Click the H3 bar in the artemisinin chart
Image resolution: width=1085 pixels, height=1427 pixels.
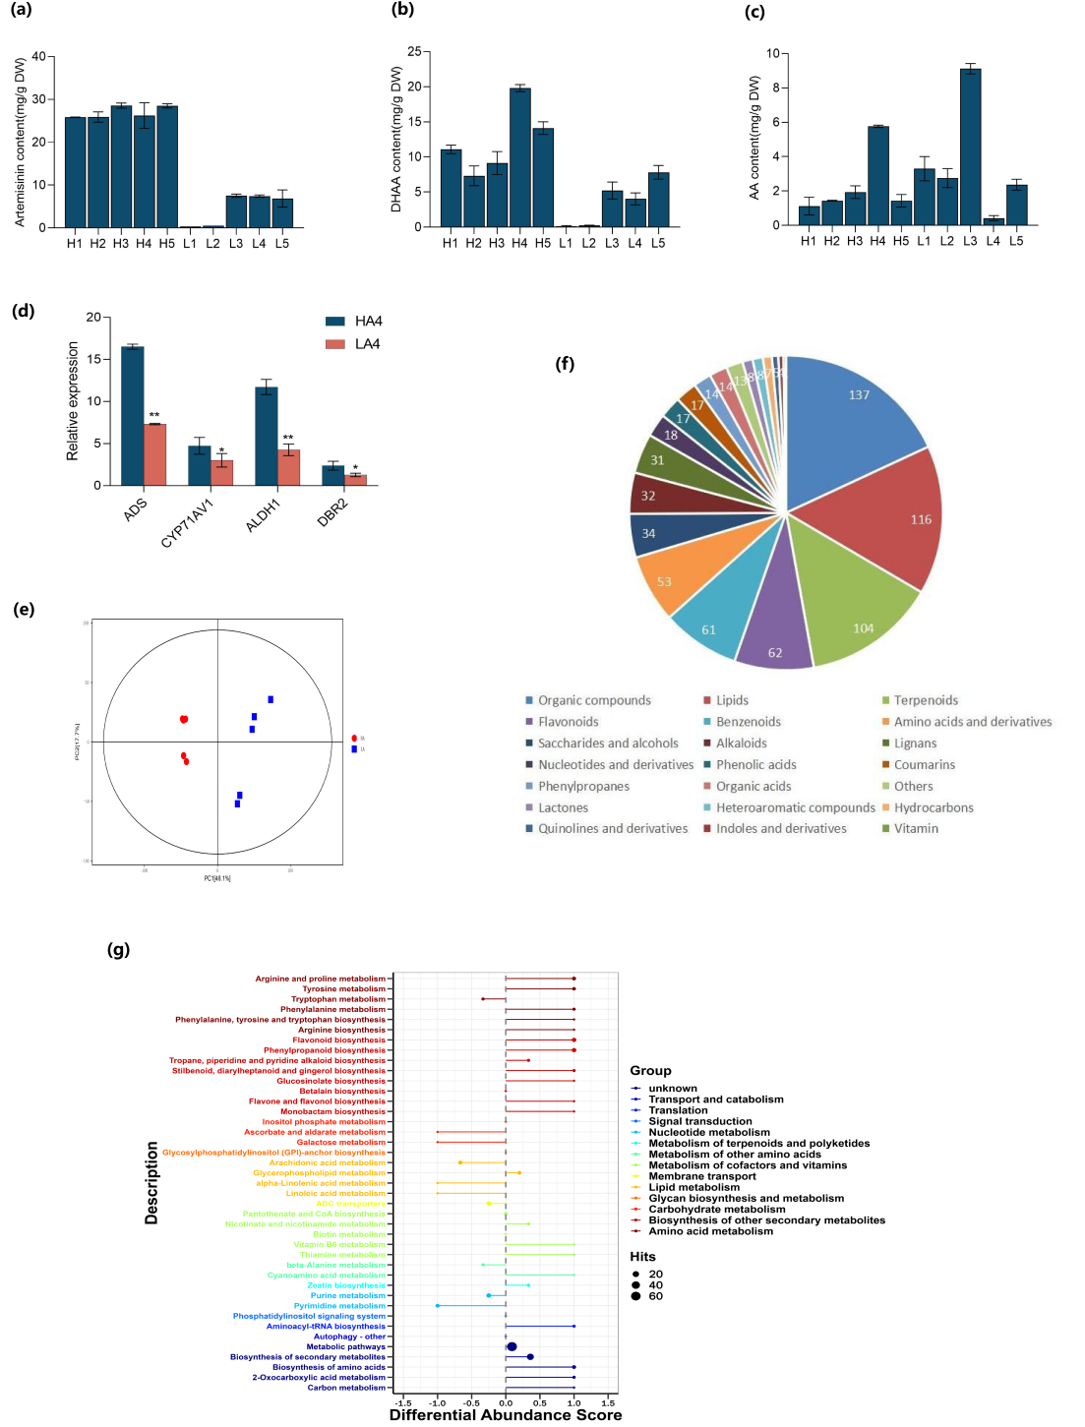[121, 166]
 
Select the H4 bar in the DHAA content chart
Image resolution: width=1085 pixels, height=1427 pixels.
[519, 157]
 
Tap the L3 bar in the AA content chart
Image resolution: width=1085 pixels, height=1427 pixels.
[970, 147]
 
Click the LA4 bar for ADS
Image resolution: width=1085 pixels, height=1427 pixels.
[155, 454]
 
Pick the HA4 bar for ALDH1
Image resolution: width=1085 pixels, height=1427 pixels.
[266, 436]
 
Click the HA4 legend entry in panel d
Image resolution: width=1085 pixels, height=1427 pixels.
[354, 322]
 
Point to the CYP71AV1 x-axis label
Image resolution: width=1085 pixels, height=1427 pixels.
[187, 523]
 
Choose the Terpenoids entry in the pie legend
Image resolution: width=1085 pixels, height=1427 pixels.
[925, 700]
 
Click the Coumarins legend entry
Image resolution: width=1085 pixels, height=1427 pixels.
[924, 765]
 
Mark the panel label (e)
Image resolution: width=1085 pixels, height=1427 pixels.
[24, 609]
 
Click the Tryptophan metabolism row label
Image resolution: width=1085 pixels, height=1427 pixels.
[338, 999]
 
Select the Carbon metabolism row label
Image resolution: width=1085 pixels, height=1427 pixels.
[346, 1388]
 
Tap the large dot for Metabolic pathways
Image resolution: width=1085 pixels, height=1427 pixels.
[512, 1346]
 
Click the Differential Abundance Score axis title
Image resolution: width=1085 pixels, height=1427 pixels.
[506, 1415]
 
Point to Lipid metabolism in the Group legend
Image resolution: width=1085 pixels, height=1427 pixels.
[693, 1187]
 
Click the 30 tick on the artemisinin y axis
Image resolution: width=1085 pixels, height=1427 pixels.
[38, 99]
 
